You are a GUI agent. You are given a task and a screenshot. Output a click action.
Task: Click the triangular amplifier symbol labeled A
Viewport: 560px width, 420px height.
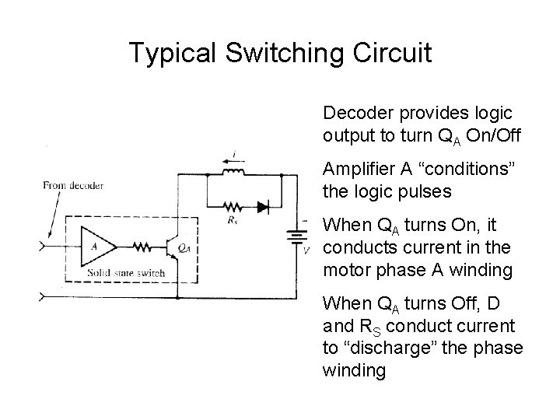[98, 247]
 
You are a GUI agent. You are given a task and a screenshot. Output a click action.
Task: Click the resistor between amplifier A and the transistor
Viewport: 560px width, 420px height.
[141, 247]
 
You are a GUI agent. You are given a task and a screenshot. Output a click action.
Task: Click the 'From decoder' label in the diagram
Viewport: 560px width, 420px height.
[73, 186]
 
